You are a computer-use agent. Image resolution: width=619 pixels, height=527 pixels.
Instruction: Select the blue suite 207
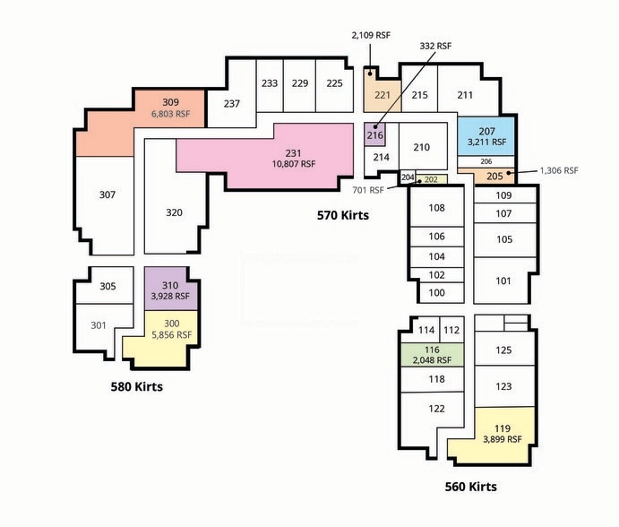[x=486, y=136]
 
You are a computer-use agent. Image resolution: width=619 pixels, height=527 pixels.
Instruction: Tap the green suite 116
[x=433, y=354]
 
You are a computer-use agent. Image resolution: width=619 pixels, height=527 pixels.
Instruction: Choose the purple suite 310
[x=170, y=289]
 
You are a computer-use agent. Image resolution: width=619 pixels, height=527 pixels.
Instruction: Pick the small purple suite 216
[x=374, y=134]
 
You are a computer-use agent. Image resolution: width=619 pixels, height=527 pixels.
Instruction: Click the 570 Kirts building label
[x=343, y=215]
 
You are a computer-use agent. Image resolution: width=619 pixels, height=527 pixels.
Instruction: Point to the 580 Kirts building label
[x=136, y=386]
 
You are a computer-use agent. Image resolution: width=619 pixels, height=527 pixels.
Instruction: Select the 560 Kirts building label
[x=470, y=487]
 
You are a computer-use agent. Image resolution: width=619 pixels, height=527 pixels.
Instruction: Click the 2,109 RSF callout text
[x=371, y=35]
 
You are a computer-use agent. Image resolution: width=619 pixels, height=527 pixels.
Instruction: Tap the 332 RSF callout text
[x=435, y=46]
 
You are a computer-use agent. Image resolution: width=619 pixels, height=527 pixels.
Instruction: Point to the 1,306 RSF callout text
[x=559, y=170]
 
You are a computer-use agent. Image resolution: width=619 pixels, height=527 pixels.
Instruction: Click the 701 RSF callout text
[x=368, y=190]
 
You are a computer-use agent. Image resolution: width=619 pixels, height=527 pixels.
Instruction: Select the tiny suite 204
[x=408, y=177]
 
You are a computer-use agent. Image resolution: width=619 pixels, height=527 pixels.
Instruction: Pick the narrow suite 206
[x=486, y=161]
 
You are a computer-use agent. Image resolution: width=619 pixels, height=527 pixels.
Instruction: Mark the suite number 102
[x=436, y=275]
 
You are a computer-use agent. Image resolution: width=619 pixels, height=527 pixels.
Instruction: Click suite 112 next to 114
[x=451, y=330]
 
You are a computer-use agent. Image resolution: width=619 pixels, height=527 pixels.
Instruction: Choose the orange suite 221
[x=383, y=93]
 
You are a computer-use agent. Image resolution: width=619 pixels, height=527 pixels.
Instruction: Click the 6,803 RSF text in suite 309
[x=170, y=114]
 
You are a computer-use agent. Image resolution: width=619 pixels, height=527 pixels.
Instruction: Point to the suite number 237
[x=232, y=103]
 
